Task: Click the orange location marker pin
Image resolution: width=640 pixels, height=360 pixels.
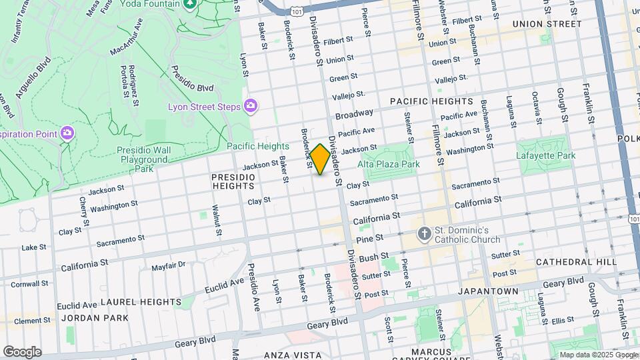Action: coord(320,159)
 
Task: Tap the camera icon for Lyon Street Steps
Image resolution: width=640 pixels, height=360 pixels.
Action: coord(251,105)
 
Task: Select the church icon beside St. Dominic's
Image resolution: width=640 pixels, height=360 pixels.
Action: coord(423,234)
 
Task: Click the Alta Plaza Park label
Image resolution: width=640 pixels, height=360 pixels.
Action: coord(388,164)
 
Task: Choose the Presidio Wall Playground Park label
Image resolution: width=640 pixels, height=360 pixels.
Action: coord(144,159)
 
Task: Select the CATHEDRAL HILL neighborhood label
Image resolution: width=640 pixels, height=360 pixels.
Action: coord(576,263)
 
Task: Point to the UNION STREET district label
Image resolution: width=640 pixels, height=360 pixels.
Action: coord(547,24)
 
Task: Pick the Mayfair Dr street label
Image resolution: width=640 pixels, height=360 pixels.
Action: coord(168,265)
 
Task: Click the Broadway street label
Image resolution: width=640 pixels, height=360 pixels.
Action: coord(354,115)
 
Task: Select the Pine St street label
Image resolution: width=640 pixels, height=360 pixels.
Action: coord(369,238)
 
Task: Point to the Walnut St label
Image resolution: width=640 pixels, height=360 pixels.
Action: coord(216,221)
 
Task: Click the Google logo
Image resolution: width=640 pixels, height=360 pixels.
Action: coord(22,351)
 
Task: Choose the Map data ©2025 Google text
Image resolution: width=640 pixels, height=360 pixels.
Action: coord(597,355)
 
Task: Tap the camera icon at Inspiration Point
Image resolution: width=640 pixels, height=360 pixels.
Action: coord(67,133)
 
